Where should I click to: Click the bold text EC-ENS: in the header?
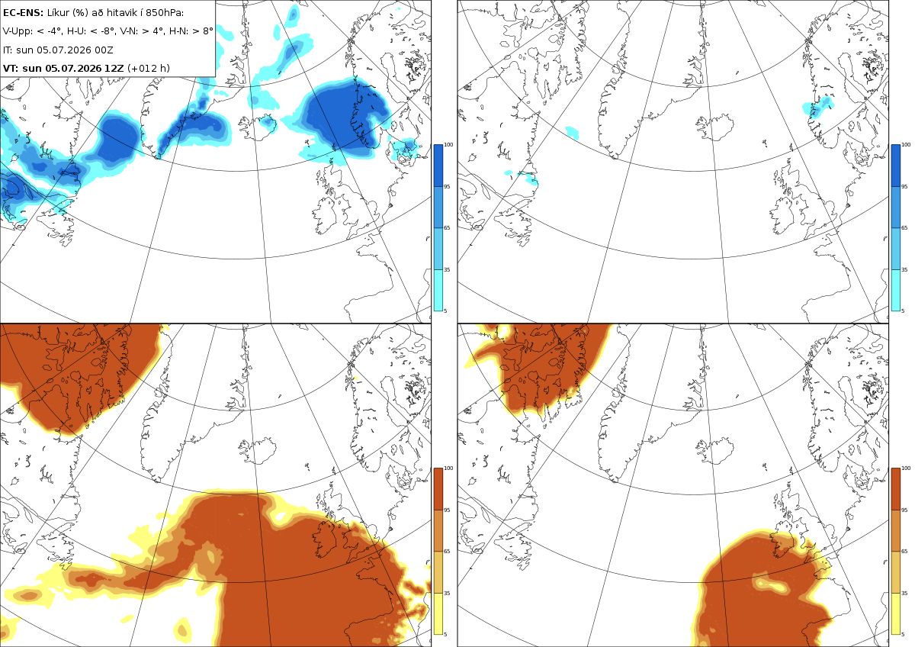(x=23, y=13)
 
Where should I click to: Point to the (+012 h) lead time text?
(x=149, y=68)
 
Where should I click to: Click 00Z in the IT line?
(x=104, y=50)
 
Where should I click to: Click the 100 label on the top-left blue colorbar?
(x=448, y=145)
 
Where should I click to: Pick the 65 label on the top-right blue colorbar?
(x=904, y=227)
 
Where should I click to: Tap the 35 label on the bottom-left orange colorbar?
(x=447, y=593)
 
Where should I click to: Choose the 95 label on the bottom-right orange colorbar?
(x=904, y=510)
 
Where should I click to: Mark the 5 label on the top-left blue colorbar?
(x=445, y=311)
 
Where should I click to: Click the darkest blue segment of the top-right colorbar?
(x=895, y=166)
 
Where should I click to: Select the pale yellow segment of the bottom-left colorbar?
(x=438, y=613)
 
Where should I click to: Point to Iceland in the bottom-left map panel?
(x=258, y=450)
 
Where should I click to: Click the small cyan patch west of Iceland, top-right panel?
(x=573, y=133)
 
